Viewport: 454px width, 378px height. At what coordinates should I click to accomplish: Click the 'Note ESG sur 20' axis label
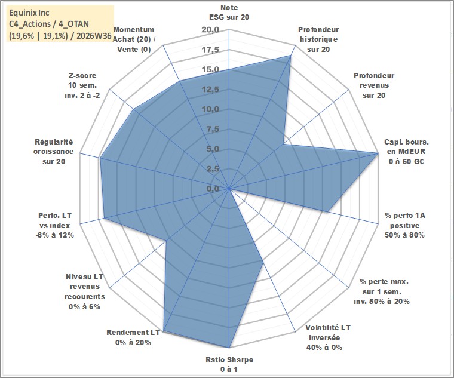229,12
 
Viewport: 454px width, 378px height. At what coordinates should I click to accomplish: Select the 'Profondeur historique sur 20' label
318,39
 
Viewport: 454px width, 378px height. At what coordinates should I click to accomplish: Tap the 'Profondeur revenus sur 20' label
374,85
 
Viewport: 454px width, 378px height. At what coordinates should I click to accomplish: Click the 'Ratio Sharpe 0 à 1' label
229,365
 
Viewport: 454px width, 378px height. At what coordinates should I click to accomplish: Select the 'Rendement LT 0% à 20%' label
133,337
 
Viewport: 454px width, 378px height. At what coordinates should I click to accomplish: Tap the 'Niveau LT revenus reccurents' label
85,291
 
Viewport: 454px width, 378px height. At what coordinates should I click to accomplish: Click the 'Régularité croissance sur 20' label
54,152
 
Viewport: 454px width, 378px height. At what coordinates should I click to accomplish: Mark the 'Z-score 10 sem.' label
82,85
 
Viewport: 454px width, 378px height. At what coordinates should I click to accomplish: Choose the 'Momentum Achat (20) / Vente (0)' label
134,39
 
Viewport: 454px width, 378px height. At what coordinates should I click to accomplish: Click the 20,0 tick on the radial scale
210,30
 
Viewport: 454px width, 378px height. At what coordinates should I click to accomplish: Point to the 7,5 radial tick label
213,130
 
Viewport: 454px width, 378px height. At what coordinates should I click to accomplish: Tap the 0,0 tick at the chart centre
213,189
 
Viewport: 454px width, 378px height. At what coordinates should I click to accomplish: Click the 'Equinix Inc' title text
29,13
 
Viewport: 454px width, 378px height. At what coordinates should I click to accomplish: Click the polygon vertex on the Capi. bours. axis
378,153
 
